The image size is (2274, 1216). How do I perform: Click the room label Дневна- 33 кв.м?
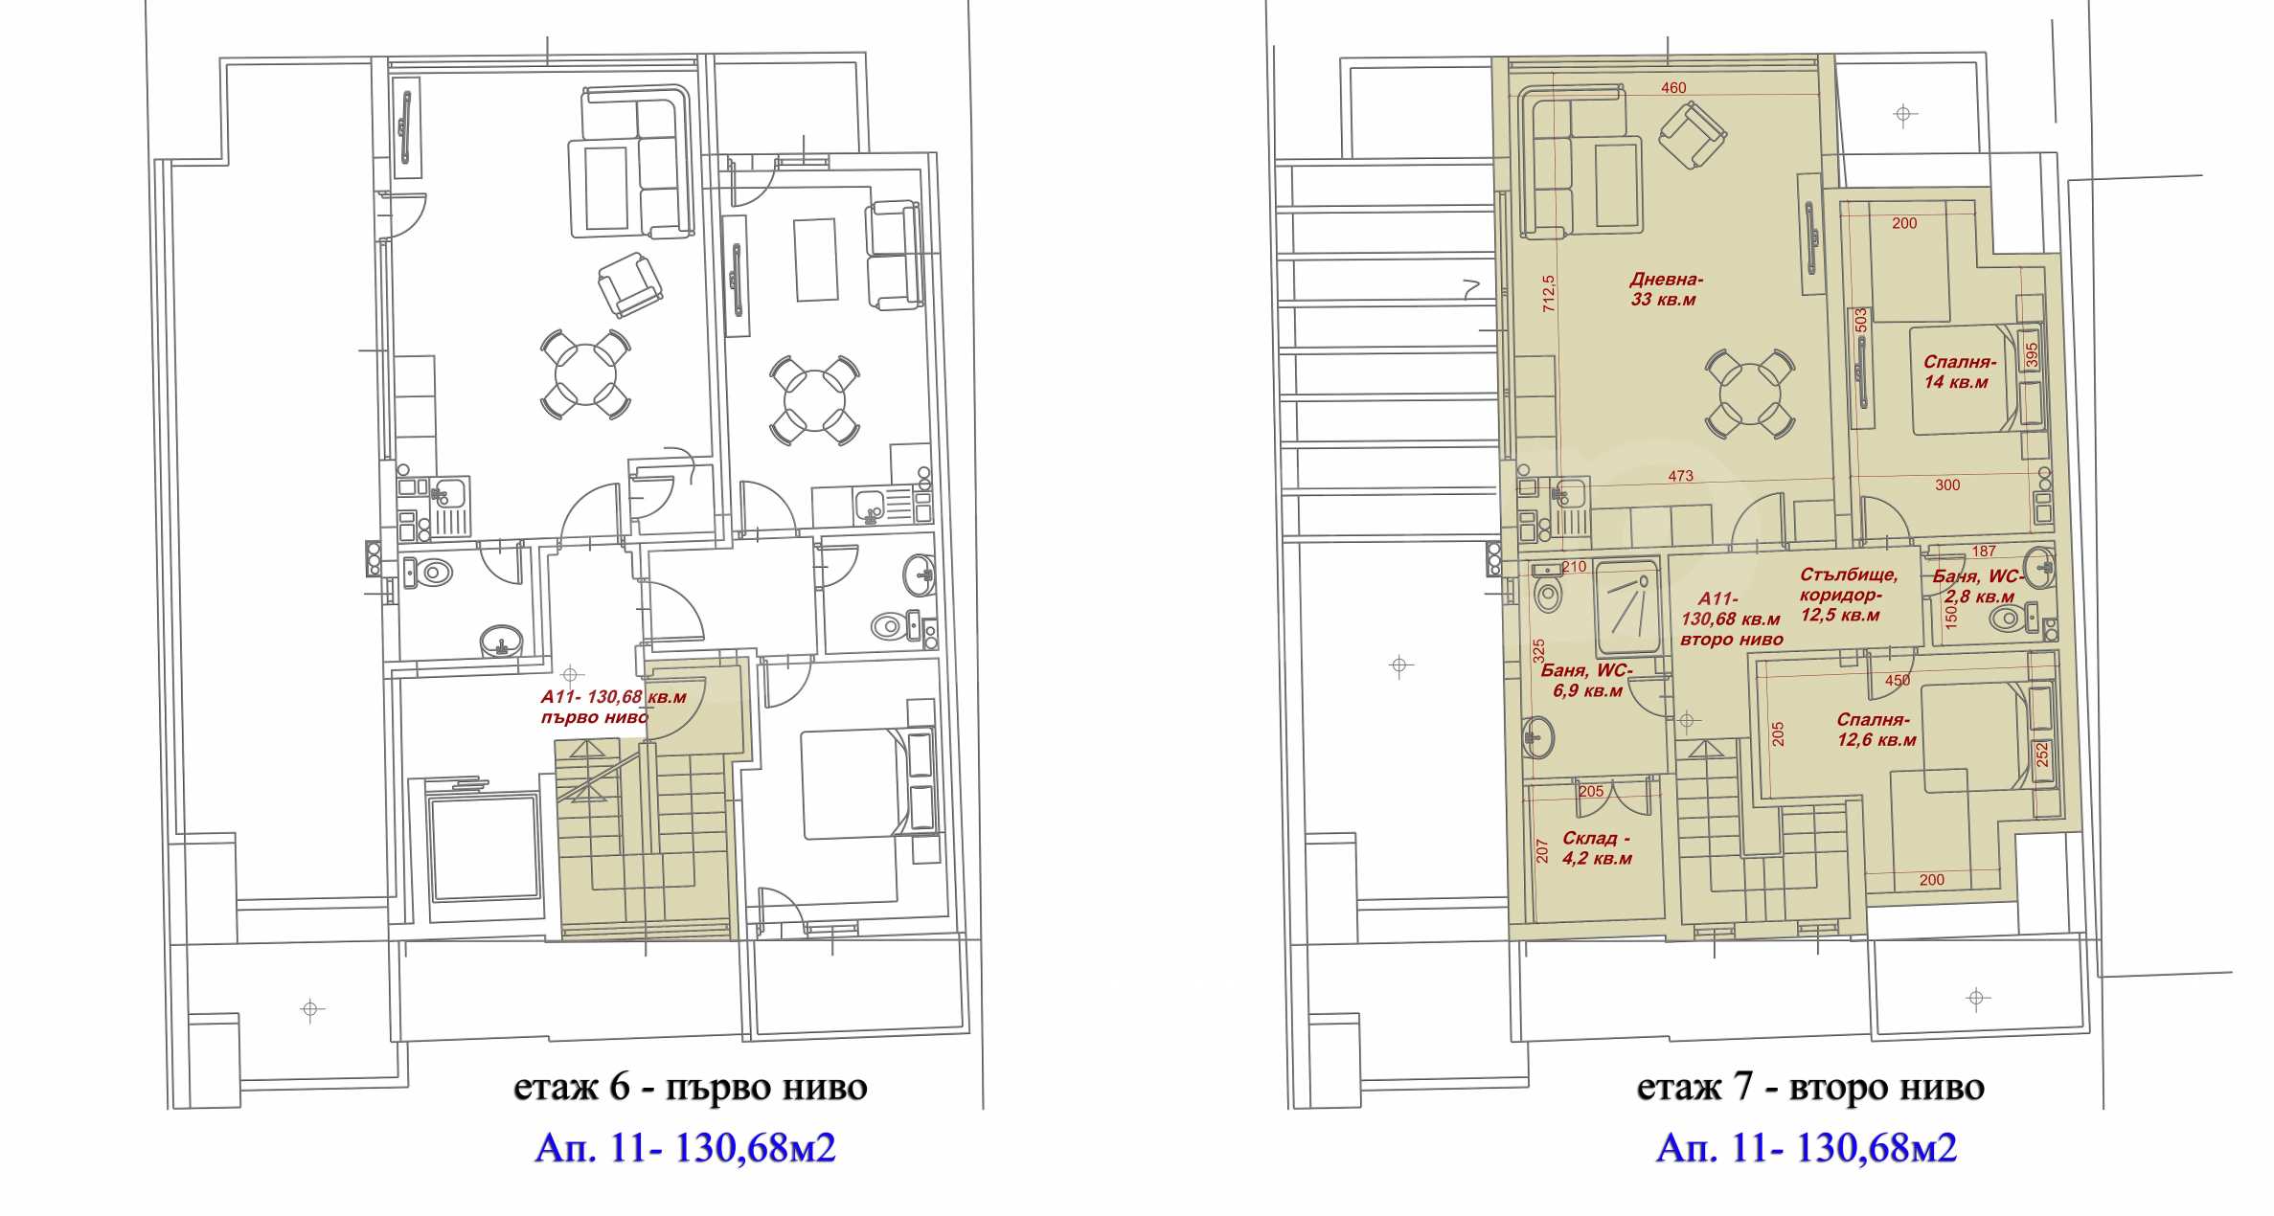(1665, 289)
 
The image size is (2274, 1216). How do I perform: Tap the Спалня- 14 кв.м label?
(1959, 372)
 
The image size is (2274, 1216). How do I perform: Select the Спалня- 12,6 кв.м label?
(1876, 730)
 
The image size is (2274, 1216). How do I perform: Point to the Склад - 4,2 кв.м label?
(1597, 848)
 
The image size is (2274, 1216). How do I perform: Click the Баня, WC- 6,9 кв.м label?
(1586, 680)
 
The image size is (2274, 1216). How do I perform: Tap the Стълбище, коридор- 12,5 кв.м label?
(1848, 595)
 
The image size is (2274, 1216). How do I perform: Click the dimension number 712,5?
(1549, 293)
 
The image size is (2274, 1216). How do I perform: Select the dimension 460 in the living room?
(1673, 88)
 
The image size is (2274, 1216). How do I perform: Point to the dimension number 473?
(1680, 476)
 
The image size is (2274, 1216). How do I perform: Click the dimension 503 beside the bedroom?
(1860, 320)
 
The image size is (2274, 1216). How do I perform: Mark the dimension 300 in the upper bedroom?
(1947, 485)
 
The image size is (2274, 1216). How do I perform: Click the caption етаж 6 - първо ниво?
(691, 1087)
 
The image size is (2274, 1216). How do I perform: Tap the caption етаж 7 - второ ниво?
(1810, 1087)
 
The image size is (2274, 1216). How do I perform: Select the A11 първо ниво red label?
(613, 708)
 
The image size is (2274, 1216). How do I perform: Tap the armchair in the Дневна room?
(1693, 136)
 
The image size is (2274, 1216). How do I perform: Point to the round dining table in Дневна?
(1750, 394)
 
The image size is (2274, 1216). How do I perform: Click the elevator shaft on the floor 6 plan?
(484, 848)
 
